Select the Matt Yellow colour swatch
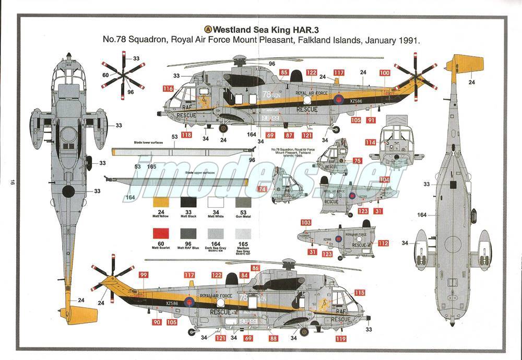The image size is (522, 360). pos(161,203)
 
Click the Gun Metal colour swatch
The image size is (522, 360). pos(243,203)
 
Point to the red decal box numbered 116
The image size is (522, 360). pos(168,89)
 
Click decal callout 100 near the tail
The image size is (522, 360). pos(385,73)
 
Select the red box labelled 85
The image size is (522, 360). pos(284,73)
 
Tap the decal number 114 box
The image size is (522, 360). pos(371,142)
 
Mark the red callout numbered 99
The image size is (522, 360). pos(144,275)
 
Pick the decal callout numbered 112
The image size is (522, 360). pos(384,243)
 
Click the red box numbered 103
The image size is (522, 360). pos(306,223)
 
